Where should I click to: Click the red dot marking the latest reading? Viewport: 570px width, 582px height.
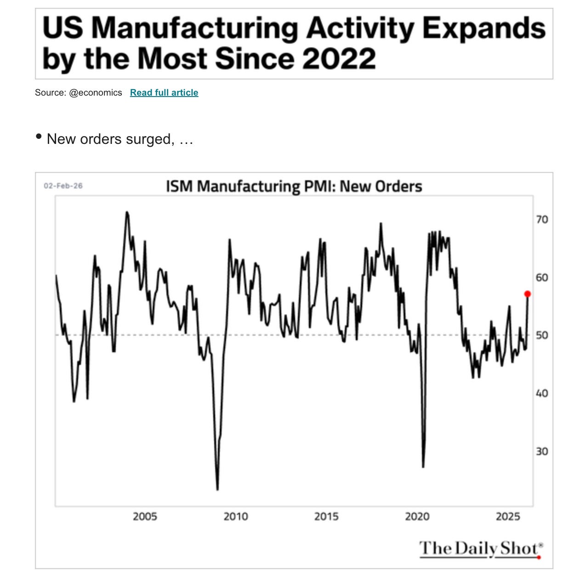[x=527, y=294]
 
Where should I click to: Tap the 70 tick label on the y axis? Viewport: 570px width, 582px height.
[x=542, y=220]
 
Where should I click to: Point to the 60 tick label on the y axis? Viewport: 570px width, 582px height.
[x=542, y=278]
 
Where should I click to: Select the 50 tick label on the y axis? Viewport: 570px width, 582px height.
[x=542, y=335]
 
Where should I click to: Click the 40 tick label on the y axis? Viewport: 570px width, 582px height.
[x=542, y=393]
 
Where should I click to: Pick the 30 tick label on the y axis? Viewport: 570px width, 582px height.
[x=542, y=451]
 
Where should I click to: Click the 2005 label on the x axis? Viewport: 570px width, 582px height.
[x=145, y=516]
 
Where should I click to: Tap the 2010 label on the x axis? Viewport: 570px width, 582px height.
[x=236, y=516]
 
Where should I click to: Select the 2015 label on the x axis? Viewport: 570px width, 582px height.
[x=326, y=516]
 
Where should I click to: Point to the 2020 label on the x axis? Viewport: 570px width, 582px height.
[x=417, y=516]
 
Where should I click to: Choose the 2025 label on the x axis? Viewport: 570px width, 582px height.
[x=508, y=516]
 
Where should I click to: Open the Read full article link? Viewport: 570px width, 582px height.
[x=164, y=92]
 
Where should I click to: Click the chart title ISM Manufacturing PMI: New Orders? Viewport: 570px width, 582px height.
[x=294, y=186]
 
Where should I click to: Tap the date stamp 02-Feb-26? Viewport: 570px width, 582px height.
[x=63, y=186]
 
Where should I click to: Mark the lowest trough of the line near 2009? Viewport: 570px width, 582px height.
[x=217, y=490]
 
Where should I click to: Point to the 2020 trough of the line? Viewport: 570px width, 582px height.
[x=423, y=467]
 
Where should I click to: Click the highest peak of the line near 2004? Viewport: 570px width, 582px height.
[x=127, y=212]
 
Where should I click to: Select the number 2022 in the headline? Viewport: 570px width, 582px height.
[x=339, y=58]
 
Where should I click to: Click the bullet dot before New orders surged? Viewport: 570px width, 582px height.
[x=38, y=137]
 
